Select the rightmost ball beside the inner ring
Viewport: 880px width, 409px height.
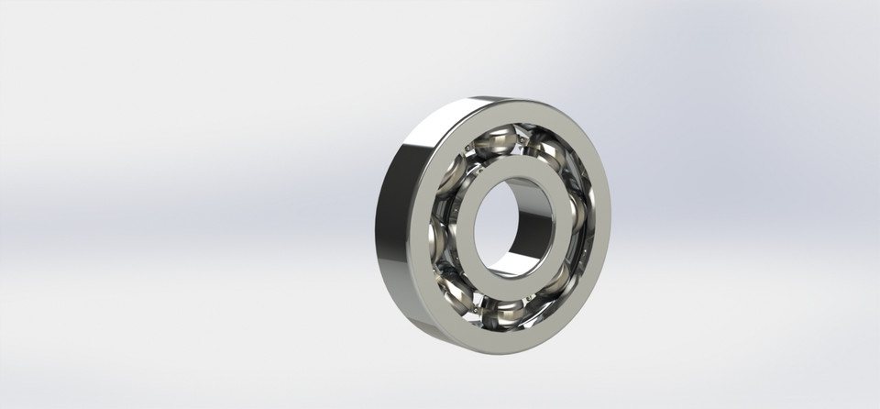575,213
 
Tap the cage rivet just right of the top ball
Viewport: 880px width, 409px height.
521,140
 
